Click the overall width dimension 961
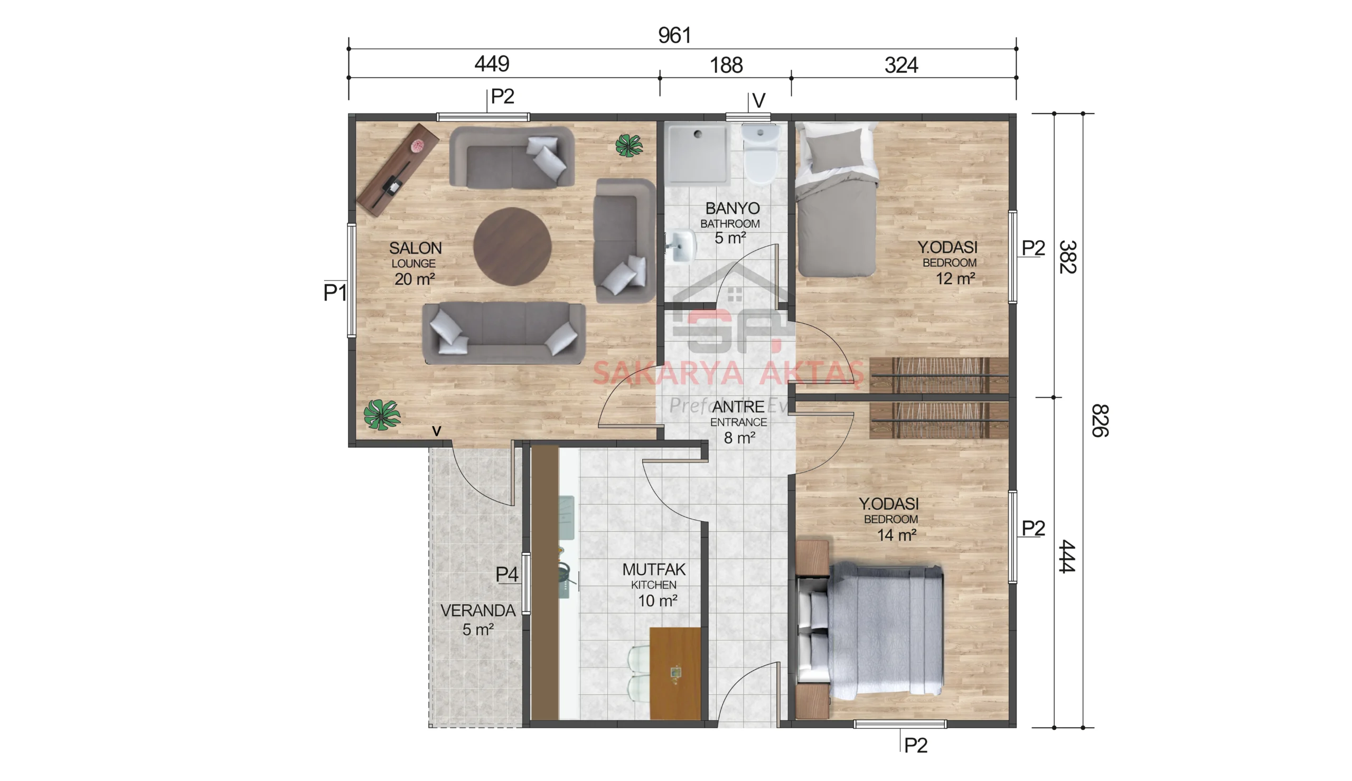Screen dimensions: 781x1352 pyautogui.click(x=674, y=35)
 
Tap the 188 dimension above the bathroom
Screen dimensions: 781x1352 pyautogui.click(x=726, y=65)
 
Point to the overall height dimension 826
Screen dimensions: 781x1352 pyautogui.click(x=1099, y=420)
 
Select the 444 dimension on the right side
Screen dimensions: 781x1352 pyautogui.click(x=1067, y=556)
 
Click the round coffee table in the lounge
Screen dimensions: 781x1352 pyautogui.click(x=512, y=247)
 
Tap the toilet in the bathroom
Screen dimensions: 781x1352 pyautogui.click(x=760, y=156)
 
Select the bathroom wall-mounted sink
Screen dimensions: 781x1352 pyautogui.click(x=682, y=246)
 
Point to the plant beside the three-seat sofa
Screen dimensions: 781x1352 pyautogui.click(x=381, y=415)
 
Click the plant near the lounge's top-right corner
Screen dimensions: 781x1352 pyautogui.click(x=628, y=145)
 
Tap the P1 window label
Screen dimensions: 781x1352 pyautogui.click(x=335, y=293)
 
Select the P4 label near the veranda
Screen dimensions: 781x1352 pyautogui.click(x=506, y=574)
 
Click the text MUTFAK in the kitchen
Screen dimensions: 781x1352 pyautogui.click(x=653, y=569)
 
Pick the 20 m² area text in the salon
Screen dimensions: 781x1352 pyautogui.click(x=414, y=279)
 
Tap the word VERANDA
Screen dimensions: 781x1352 pyautogui.click(x=477, y=610)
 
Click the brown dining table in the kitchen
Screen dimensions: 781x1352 pyautogui.click(x=674, y=673)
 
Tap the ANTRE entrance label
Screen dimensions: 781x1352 pyautogui.click(x=738, y=407)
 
